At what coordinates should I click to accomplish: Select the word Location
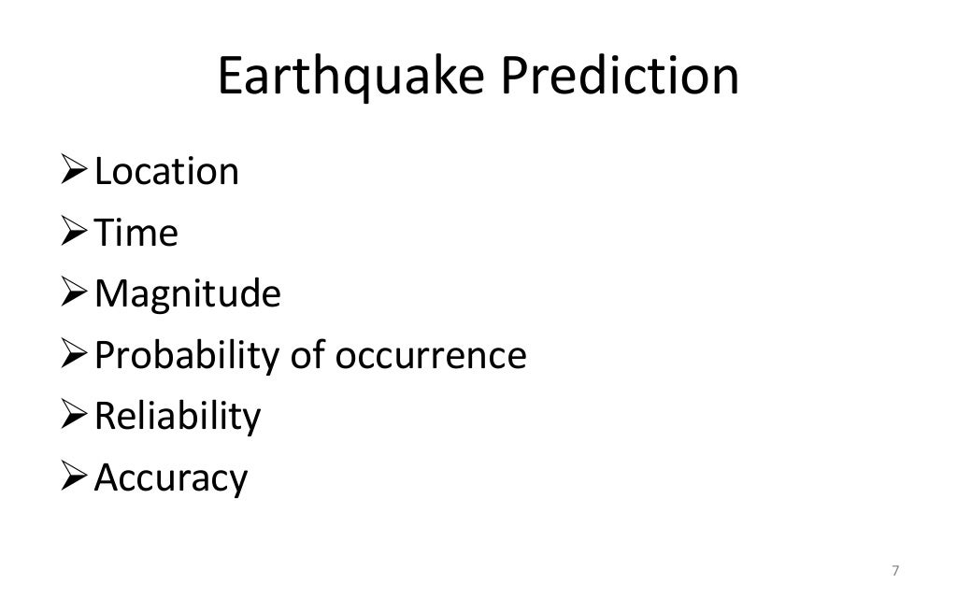(x=167, y=172)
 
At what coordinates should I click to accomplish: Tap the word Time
(x=136, y=233)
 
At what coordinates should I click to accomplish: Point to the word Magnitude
(x=188, y=294)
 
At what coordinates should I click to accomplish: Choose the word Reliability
(x=178, y=417)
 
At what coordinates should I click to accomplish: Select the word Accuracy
(x=171, y=478)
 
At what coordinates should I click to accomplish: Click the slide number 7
(x=896, y=571)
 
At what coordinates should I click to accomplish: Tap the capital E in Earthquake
(x=231, y=78)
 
